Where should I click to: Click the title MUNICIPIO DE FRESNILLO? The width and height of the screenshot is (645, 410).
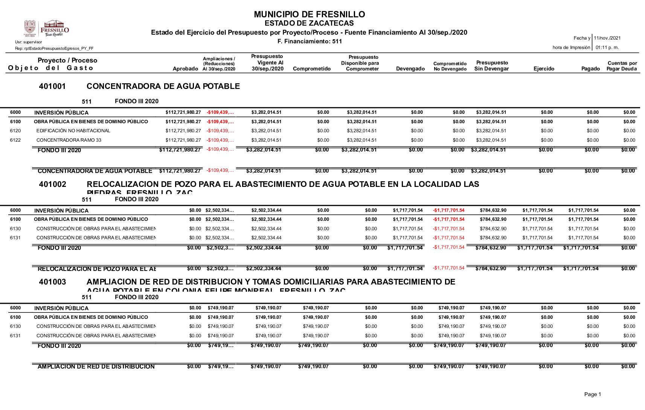point(309,14)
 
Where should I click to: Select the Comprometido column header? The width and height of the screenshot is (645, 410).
point(311,69)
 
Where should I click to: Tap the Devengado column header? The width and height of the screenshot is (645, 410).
point(410,69)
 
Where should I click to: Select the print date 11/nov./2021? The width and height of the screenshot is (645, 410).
point(607,38)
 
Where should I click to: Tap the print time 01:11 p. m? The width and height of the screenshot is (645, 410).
point(607,47)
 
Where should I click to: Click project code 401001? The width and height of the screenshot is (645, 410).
point(52,86)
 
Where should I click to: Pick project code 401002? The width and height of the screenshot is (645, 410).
point(52,184)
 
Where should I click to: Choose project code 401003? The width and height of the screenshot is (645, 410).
point(52,282)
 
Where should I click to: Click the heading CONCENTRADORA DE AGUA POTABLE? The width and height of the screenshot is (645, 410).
point(163,86)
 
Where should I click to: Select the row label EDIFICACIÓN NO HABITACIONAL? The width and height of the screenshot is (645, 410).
point(73,131)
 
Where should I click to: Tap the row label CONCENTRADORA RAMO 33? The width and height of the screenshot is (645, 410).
point(69,140)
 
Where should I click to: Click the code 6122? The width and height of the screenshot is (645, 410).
point(15,140)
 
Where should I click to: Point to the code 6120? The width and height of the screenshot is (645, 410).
point(15,131)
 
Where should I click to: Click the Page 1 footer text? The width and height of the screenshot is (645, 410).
point(592,394)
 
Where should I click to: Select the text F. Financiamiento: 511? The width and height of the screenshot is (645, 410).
point(309,41)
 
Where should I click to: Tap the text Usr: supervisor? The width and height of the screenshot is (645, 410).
point(29,42)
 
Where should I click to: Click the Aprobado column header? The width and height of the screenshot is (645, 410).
point(185,69)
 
